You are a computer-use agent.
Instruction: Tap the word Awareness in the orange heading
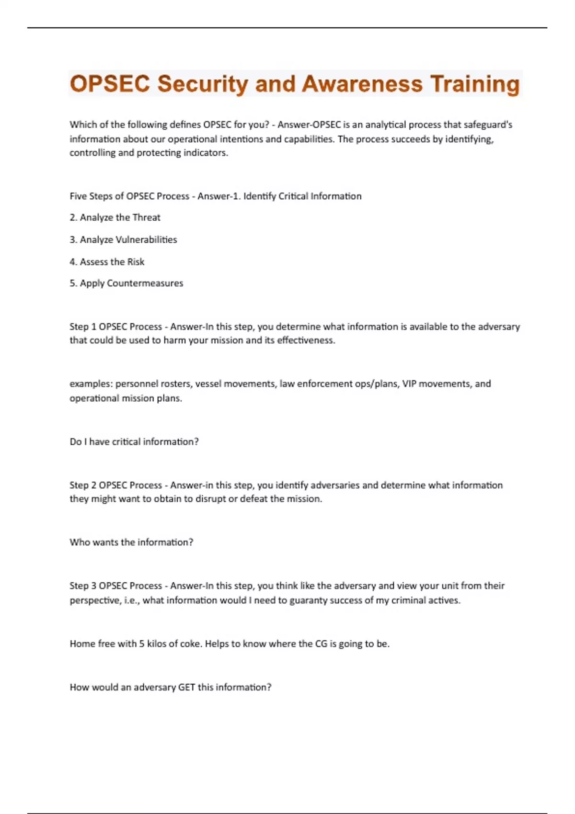click(x=362, y=84)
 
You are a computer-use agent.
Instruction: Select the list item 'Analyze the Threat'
click(x=115, y=217)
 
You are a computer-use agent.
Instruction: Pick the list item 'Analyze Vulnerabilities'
click(x=123, y=239)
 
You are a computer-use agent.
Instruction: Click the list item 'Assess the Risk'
click(x=107, y=261)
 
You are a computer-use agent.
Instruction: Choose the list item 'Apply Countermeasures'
click(x=126, y=283)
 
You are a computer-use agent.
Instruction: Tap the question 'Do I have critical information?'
click(x=134, y=441)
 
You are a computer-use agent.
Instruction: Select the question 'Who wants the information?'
click(x=131, y=542)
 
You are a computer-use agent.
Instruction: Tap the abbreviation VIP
click(x=409, y=384)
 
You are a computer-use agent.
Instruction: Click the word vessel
click(x=208, y=384)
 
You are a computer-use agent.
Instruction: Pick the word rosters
click(x=175, y=384)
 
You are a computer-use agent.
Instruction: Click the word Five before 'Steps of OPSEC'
click(x=78, y=196)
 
